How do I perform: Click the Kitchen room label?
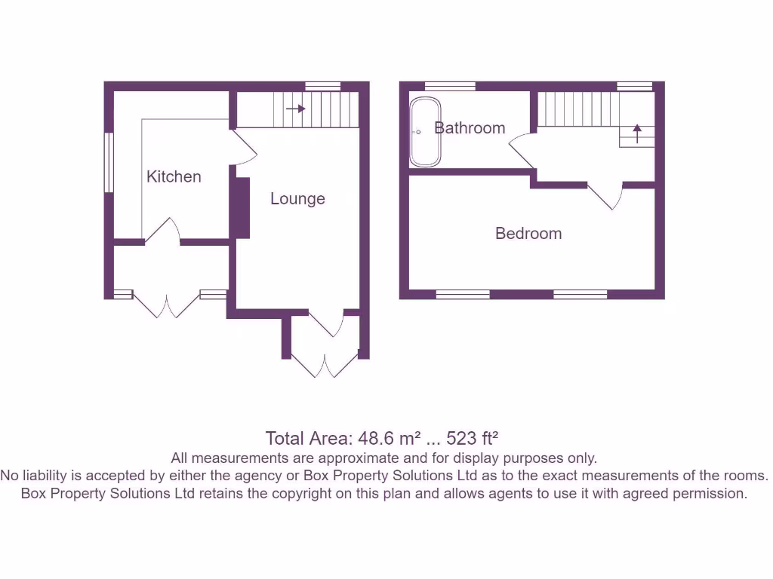pyautogui.click(x=174, y=176)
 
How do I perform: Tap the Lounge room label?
pyautogui.click(x=297, y=198)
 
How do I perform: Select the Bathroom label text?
pyautogui.click(x=470, y=128)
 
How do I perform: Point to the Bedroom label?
pyautogui.click(x=528, y=234)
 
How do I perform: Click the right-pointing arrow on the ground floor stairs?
pyautogui.click(x=296, y=109)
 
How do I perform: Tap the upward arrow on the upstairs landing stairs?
pyautogui.click(x=636, y=134)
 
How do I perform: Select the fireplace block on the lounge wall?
pyautogui.click(x=242, y=208)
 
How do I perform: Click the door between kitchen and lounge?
pyautogui.click(x=243, y=148)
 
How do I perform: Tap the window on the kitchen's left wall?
pyautogui.click(x=109, y=162)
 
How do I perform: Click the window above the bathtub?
pyautogui.click(x=445, y=86)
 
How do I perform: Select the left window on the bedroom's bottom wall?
pyautogui.click(x=463, y=295)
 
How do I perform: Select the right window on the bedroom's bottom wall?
pyautogui.click(x=581, y=295)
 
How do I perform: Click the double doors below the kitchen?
pyautogui.click(x=167, y=305)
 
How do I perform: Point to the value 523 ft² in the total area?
pyautogui.click(x=474, y=438)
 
